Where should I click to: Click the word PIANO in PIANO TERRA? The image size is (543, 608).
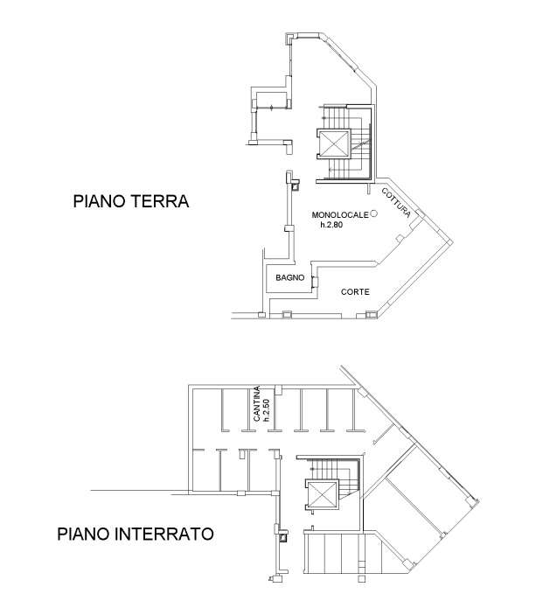click(x=99, y=201)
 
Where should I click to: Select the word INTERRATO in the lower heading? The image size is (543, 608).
click(x=164, y=534)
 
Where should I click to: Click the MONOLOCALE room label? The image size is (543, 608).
click(x=340, y=215)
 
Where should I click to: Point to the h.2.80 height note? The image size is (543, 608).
click(x=331, y=225)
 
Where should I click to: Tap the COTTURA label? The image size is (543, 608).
click(x=396, y=203)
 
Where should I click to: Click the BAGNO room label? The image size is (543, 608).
click(x=290, y=277)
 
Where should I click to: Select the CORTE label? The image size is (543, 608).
click(x=355, y=292)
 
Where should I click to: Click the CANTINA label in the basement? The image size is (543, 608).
click(x=256, y=403)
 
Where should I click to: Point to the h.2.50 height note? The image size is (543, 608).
click(x=267, y=410)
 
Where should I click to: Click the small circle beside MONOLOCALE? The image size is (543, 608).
click(x=373, y=213)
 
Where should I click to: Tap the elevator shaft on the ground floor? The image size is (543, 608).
click(x=334, y=143)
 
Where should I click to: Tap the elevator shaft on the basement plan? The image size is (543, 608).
click(x=323, y=494)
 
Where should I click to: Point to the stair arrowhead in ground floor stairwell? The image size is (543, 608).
click(x=331, y=170)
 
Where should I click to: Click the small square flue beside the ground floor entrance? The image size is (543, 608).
click(x=296, y=186)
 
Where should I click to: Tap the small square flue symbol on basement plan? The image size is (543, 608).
click(x=283, y=537)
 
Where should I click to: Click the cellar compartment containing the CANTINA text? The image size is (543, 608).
click(x=261, y=409)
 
